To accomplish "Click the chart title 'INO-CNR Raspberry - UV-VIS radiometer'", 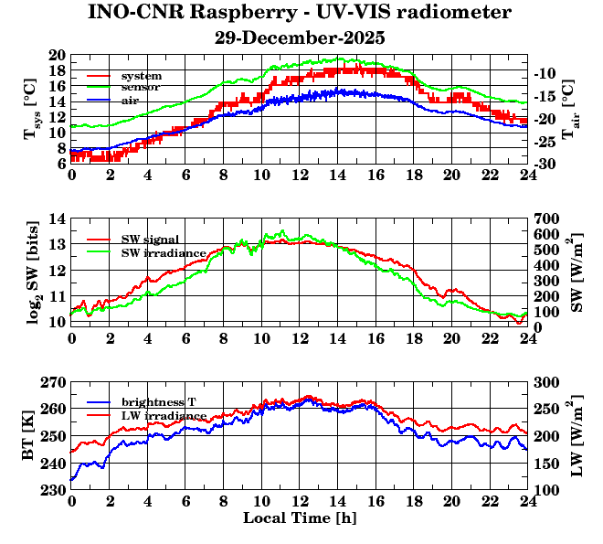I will click(300, 13).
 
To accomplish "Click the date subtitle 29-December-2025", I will click(300, 38).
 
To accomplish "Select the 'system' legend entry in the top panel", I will click(142, 75).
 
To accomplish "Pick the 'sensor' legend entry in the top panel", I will click(142, 87).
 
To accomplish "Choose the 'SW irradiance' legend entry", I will click(159, 251).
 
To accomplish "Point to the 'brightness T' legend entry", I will click(158, 402).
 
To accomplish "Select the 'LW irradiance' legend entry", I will click(159, 415).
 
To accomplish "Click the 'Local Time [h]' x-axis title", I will click(300, 517).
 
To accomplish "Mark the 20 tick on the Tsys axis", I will click(56, 55).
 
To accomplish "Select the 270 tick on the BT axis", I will click(52, 383).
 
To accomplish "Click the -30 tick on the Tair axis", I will click(546, 164).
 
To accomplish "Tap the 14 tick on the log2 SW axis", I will click(56, 219).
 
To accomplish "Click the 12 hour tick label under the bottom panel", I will click(300, 502).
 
